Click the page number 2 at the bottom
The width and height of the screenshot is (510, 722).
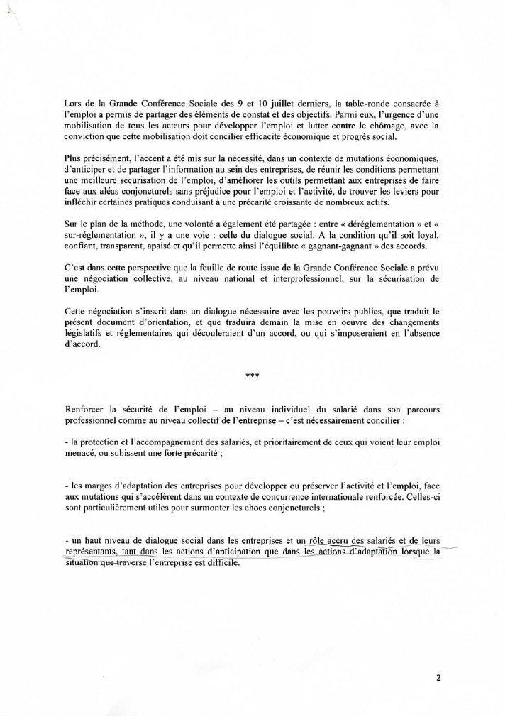pyautogui.click(x=438, y=678)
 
